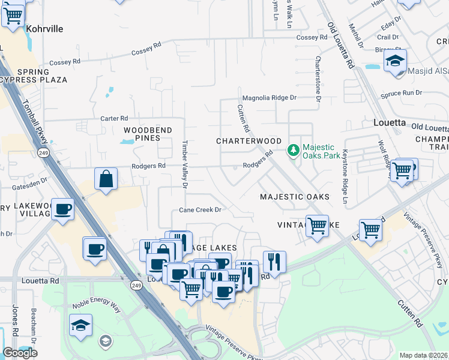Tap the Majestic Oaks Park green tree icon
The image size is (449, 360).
(x=294, y=150)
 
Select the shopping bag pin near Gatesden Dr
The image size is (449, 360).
(x=106, y=179)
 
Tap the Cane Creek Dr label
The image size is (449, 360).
(x=200, y=210)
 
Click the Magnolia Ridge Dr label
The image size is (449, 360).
(x=269, y=97)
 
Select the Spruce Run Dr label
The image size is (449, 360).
(x=402, y=93)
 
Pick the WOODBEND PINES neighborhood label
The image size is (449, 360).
(x=148, y=134)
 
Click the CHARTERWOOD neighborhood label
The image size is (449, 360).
(x=249, y=141)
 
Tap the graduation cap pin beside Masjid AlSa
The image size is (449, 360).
(x=395, y=61)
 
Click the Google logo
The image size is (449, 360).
(x=20, y=353)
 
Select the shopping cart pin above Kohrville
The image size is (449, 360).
(x=13, y=15)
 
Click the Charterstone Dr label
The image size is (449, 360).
(x=318, y=79)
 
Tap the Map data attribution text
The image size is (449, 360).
(x=424, y=355)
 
